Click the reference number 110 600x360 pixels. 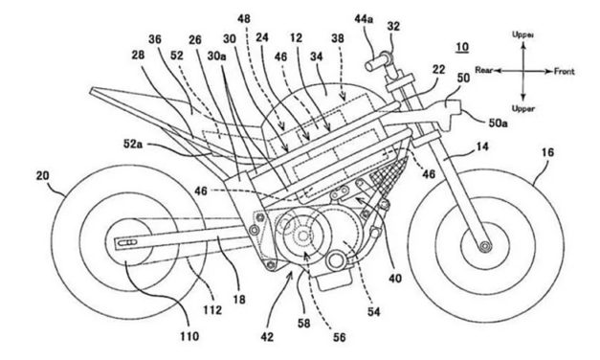189,336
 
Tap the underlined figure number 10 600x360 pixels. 462,47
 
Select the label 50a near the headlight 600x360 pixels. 497,124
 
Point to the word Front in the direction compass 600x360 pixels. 565,71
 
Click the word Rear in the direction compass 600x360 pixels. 483,70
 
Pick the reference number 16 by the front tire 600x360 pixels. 547,152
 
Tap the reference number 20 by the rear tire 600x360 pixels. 42,176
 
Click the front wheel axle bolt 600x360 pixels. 486,246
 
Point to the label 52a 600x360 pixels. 132,144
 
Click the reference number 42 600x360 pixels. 267,337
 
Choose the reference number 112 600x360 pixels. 212,309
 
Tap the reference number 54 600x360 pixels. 374,312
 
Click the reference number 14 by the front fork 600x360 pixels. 482,146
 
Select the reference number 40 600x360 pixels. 395,278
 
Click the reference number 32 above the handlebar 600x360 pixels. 393,26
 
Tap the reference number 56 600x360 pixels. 340,337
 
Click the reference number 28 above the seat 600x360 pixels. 138,56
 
